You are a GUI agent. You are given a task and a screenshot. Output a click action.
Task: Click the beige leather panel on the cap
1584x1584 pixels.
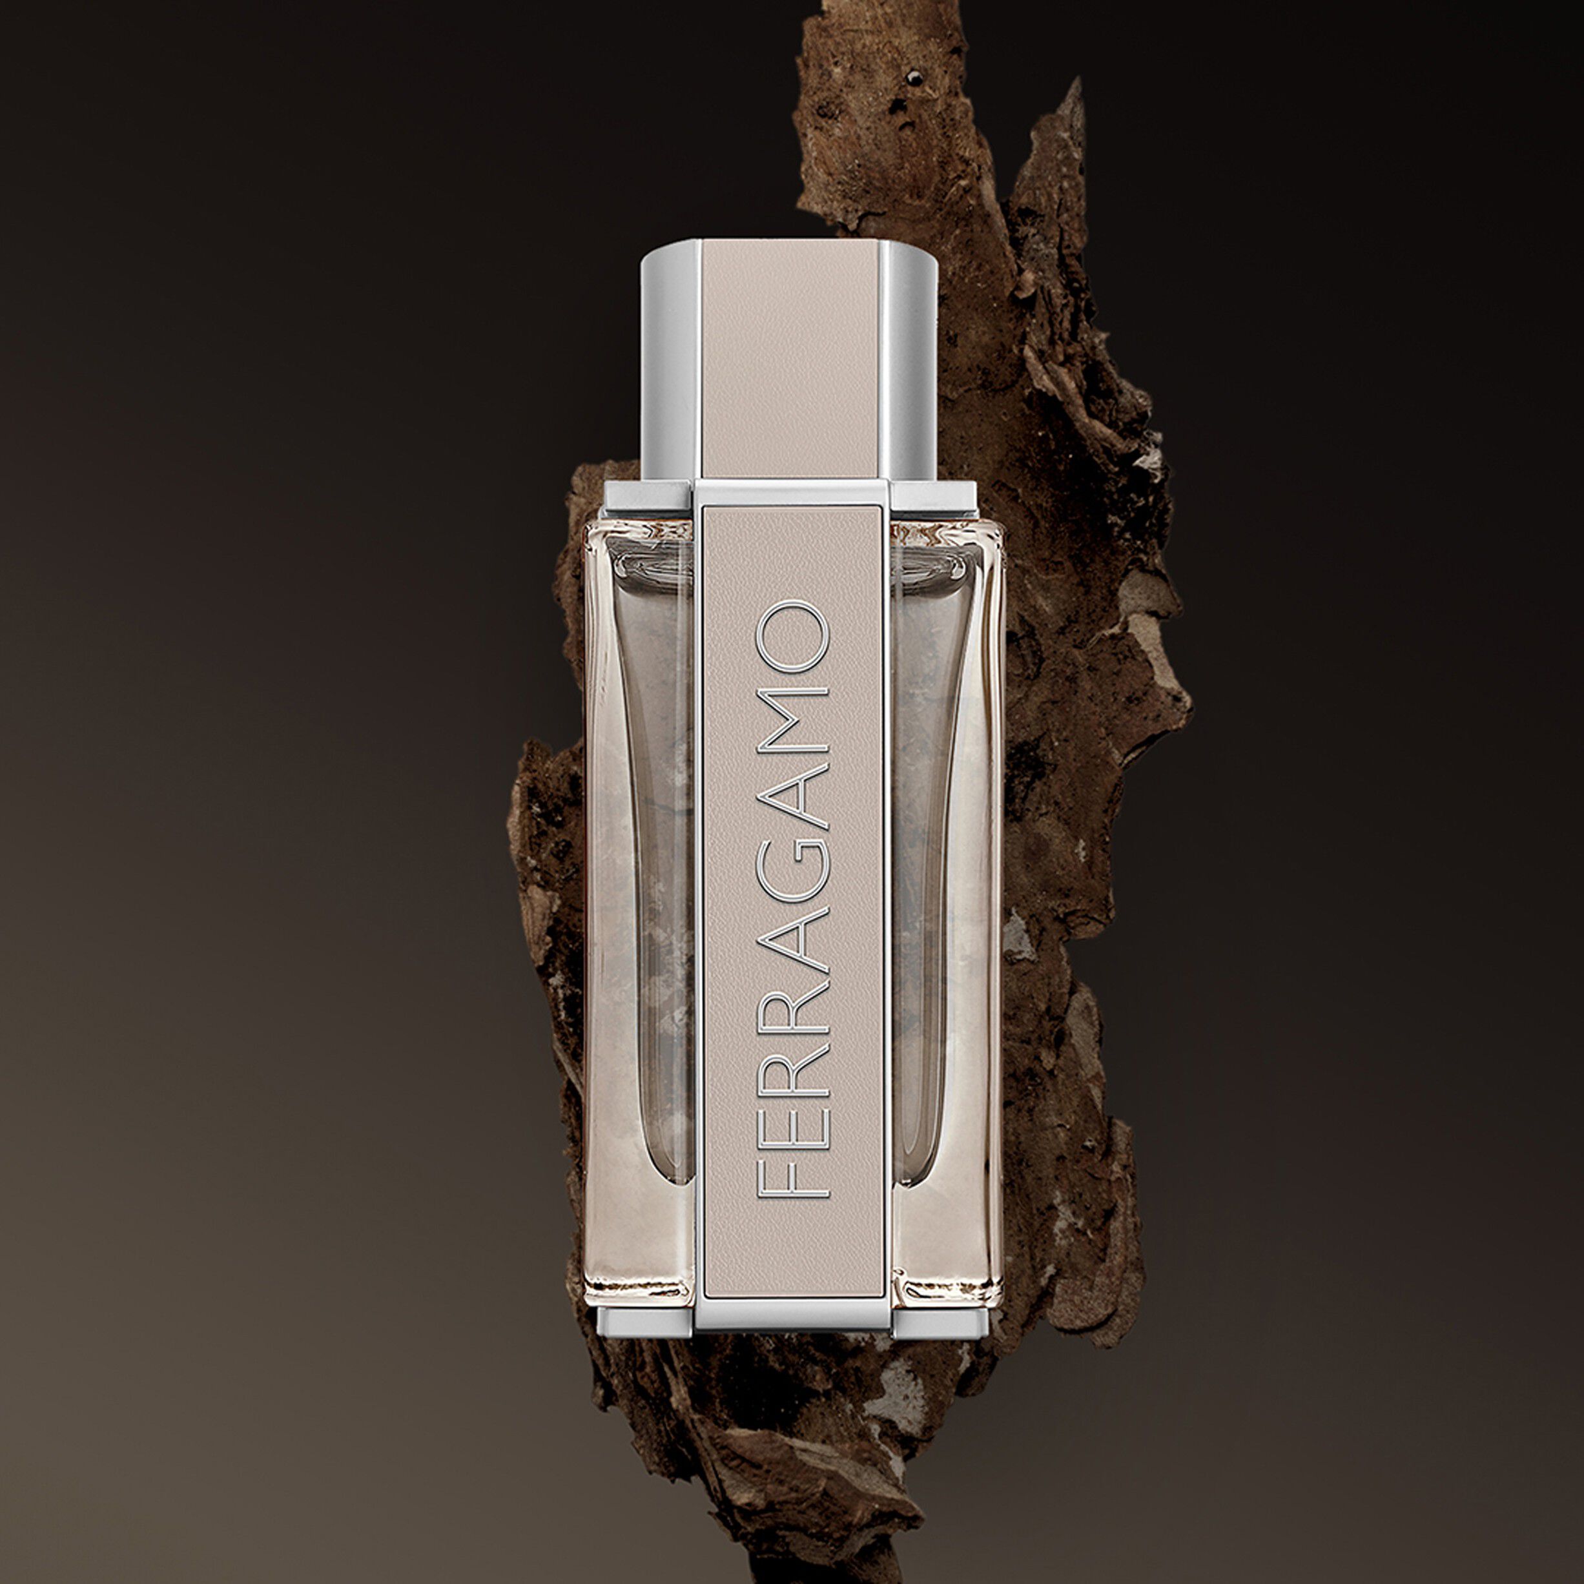791,361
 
